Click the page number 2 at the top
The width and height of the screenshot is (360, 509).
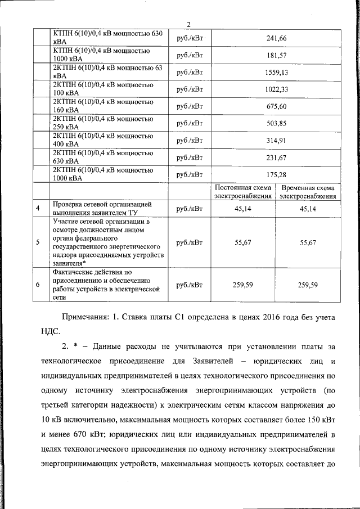(x=189, y=24)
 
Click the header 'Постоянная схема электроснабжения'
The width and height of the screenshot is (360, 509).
(x=243, y=192)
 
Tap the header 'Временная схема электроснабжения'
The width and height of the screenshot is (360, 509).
(x=308, y=192)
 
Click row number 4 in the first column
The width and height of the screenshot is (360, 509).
(x=37, y=209)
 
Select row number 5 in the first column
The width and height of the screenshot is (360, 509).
(x=37, y=242)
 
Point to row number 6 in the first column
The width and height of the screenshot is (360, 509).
(x=37, y=285)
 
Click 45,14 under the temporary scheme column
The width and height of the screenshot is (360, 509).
(x=308, y=209)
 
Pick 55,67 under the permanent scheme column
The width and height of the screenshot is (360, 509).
(x=243, y=242)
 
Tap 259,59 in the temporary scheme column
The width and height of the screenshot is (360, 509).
(x=308, y=285)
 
